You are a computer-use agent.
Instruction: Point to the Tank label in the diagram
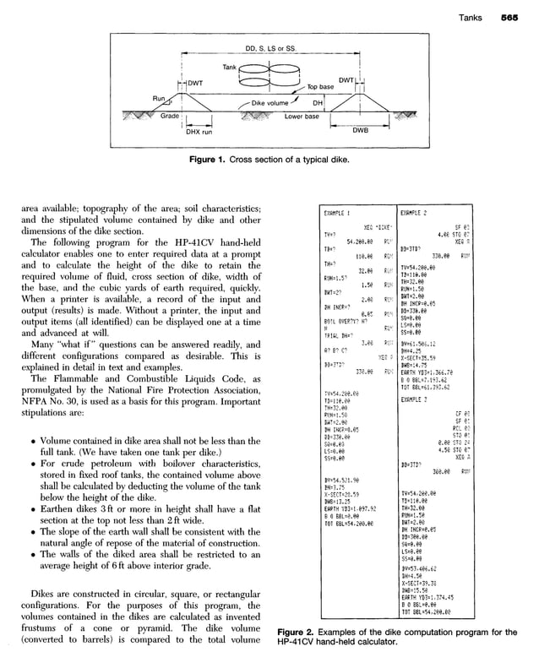(x=229, y=67)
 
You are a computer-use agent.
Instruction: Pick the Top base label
(x=320, y=87)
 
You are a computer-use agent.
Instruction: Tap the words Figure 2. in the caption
(x=297, y=633)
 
